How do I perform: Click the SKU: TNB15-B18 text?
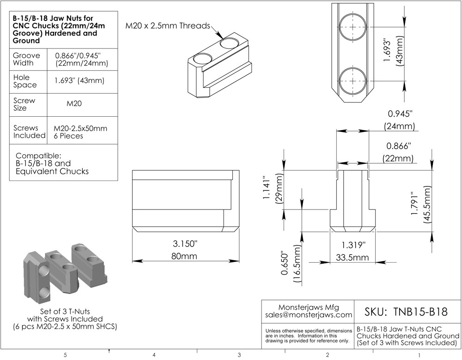[406, 312]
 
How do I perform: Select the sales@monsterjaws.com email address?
[309, 315]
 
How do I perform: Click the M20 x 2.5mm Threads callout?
[168, 25]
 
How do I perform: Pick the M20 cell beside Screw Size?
[74, 103]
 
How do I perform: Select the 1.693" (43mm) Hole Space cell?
[79, 81]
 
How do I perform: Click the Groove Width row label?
[26, 59]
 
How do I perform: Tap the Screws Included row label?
[29, 132]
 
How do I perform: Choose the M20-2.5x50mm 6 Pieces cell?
[80, 132]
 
